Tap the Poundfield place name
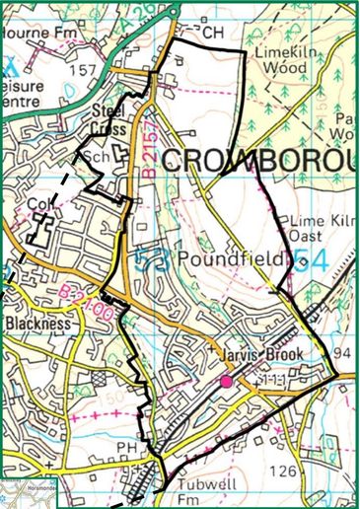(x=234, y=258)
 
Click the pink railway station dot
(x=227, y=380)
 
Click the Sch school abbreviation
(x=98, y=157)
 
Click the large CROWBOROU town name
(x=256, y=161)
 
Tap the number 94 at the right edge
(x=342, y=353)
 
